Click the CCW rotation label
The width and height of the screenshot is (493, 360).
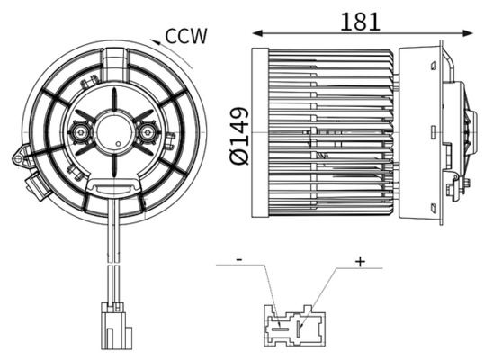coord(186,36)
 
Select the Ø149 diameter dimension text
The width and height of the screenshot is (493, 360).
coord(238,136)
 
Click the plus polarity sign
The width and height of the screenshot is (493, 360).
coord(360,261)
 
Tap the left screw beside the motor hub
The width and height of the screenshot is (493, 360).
coord(82,133)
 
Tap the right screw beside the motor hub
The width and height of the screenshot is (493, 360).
coord(148,134)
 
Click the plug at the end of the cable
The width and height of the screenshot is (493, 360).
coord(114,326)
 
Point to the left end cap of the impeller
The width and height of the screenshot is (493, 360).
coord(260,132)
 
